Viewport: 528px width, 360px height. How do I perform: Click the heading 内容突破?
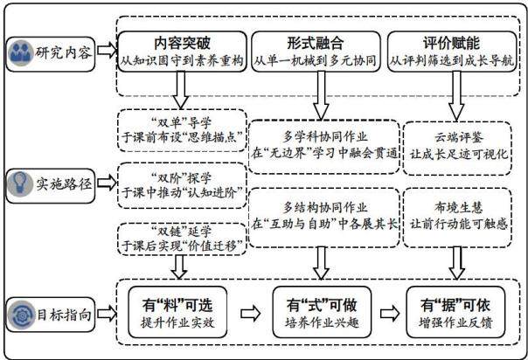(182, 43)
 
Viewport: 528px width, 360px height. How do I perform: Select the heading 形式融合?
(316, 43)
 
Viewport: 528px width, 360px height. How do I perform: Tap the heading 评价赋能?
(452, 43)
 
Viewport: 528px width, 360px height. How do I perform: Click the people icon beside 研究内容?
(20, 53)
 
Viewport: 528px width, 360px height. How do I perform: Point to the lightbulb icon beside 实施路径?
(20, 183)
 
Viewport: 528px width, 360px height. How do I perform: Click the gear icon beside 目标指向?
(21, 315)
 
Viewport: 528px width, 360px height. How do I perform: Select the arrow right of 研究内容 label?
(107, 51)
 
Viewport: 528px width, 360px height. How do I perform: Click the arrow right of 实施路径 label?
(107, 183)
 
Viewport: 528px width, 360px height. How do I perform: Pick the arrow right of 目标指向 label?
(107, 314)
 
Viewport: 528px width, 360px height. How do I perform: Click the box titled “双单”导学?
(182, 130)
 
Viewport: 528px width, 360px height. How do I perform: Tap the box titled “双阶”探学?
(182, 185)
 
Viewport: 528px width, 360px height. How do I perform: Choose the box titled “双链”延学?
(182, 239)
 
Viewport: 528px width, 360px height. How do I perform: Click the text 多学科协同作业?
(325, 136)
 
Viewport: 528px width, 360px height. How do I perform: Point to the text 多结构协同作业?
(325, 207)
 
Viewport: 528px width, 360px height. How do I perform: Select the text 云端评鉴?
(458, 137)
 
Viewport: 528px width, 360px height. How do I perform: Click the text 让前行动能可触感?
(458, 224)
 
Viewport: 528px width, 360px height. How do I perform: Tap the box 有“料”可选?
(177, 312)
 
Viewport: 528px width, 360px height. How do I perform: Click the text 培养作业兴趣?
(322, 322)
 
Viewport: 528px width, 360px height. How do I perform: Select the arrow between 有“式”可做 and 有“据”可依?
(390, 314)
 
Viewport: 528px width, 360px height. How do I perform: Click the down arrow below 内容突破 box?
(181, 90)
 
